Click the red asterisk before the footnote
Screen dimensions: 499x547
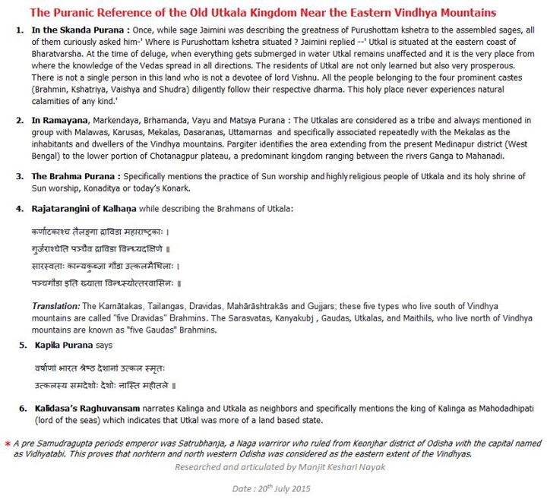(x=7, y=443)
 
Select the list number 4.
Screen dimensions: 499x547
(x=19, y=209)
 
